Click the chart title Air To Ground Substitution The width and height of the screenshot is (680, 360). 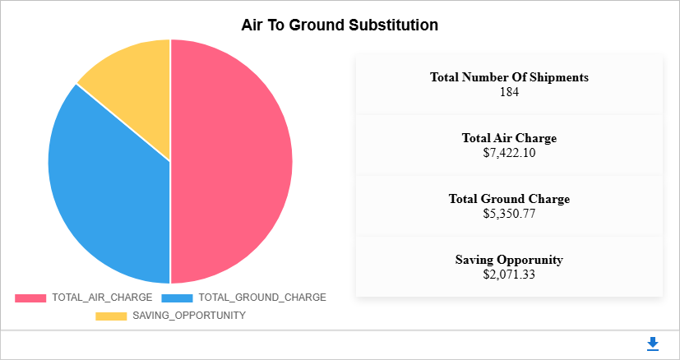(x=340, y=25)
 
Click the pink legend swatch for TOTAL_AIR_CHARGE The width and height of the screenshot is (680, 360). (x=30, y=298)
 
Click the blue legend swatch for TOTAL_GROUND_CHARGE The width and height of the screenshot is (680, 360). (x=178, y=298)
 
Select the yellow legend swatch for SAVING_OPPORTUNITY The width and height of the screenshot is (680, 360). (x=111, y=316)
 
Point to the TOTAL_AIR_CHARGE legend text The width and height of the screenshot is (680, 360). (x=102, y=298)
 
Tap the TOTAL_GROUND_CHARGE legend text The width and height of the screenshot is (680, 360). (x=262, y=298)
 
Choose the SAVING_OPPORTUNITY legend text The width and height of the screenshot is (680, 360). (x=189, y=316)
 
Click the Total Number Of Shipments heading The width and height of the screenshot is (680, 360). (x=509, y=77)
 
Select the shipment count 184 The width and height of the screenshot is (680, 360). (x=509, y=91)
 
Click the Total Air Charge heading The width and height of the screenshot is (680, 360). (x=509, y=138)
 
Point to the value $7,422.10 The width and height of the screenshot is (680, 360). (x=509, y=152)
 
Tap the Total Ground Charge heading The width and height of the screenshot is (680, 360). (x=509, y=199)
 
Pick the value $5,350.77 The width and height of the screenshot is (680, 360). (x=509, y=213)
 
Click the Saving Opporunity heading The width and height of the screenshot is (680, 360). (x=509, y=260)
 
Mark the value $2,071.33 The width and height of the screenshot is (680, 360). (x=509, y=274)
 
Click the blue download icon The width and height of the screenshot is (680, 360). (x=653, y=344)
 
